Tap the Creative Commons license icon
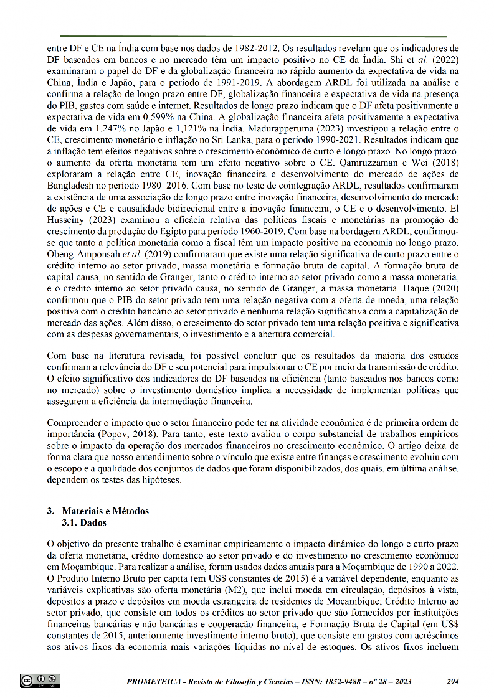coord(40,681)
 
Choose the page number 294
coord(453,682)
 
